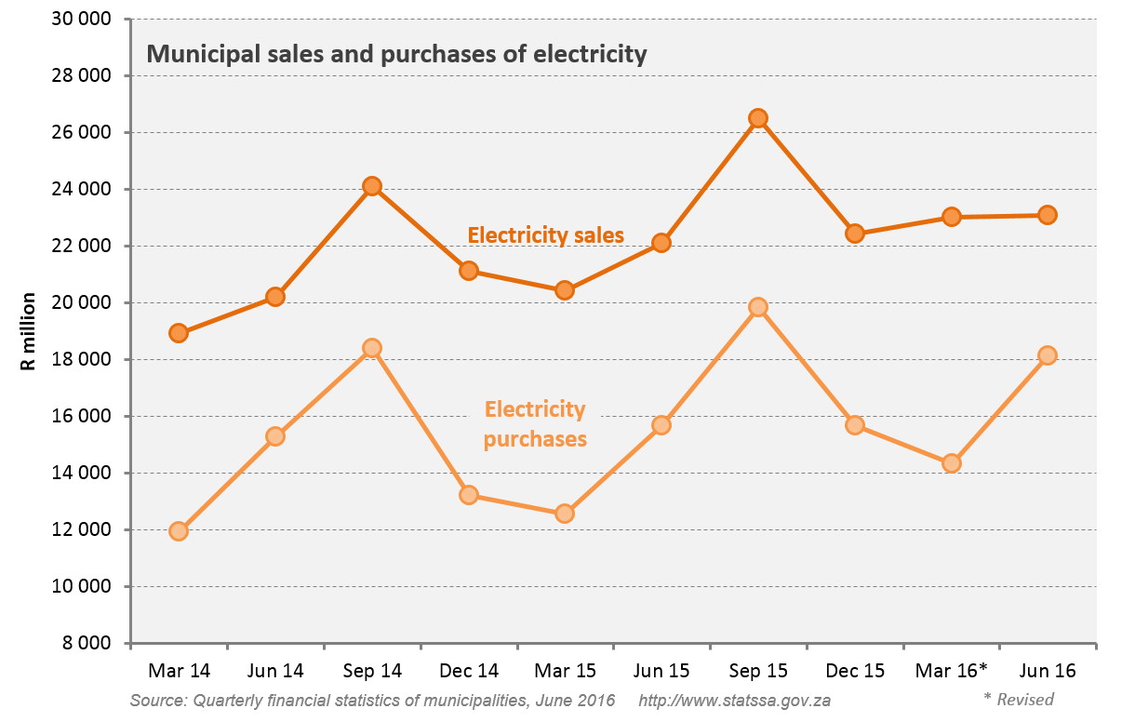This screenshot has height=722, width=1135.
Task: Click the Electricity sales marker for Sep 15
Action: point(758,118)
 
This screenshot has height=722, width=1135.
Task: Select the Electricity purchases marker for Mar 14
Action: point(179,531)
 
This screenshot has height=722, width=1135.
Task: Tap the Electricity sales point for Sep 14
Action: point(372,186)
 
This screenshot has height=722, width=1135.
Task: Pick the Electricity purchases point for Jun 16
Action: point(1048,355)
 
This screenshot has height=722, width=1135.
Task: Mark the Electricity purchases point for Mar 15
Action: point(565,514)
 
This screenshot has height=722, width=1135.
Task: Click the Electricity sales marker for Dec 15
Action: point(855,234)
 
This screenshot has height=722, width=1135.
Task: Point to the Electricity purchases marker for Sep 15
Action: point(758,307)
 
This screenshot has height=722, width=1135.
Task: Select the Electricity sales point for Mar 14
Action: point(179,333)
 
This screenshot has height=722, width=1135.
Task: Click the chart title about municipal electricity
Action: point(396,54)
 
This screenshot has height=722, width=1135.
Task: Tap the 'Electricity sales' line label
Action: point(545,235)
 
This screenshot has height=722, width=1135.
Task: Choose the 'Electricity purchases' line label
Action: point(535,423)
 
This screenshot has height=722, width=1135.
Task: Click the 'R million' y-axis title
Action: point(29,331)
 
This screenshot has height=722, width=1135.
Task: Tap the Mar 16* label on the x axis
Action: point(951,670)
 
